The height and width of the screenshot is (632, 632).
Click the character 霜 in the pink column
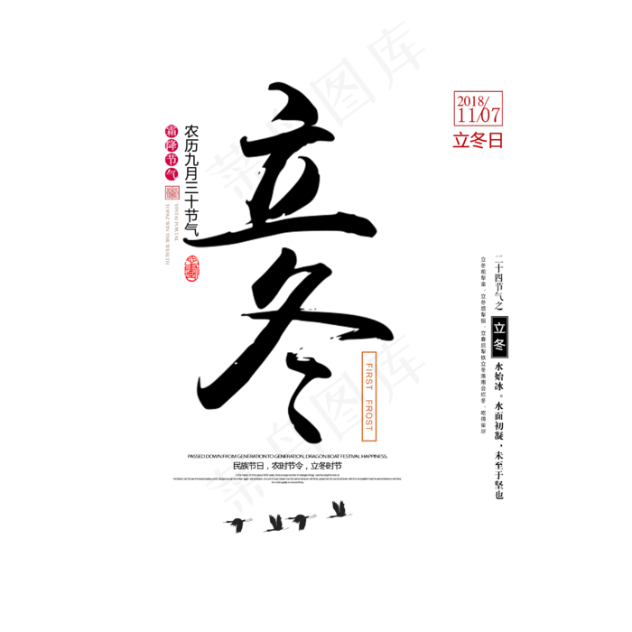pos(172,130)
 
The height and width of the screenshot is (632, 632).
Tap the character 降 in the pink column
pos(172,144)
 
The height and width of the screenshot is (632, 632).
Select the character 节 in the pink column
pos(172,159)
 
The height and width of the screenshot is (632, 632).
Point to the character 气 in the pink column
pos(172,173)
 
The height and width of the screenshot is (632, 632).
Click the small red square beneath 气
pos(172,192)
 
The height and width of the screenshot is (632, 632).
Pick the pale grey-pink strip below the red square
pos(169,230)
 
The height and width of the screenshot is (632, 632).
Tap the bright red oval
pos(191,268)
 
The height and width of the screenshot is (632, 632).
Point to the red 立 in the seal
pos(460,140)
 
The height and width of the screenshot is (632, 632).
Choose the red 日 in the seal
pos(495,140)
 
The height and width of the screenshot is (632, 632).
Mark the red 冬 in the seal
pos(477,140)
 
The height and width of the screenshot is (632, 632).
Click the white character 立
pos(499,329)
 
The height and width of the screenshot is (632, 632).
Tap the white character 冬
pos(499,344)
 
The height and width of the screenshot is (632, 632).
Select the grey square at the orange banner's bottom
pos(370,434)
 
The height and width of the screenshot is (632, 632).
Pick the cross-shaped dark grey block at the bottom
pos(238,522)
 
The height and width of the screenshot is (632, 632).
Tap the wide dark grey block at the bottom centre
pos(287,523)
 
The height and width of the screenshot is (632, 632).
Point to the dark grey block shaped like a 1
pos(339,508)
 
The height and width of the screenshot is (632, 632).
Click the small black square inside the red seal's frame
pos(495,98)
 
